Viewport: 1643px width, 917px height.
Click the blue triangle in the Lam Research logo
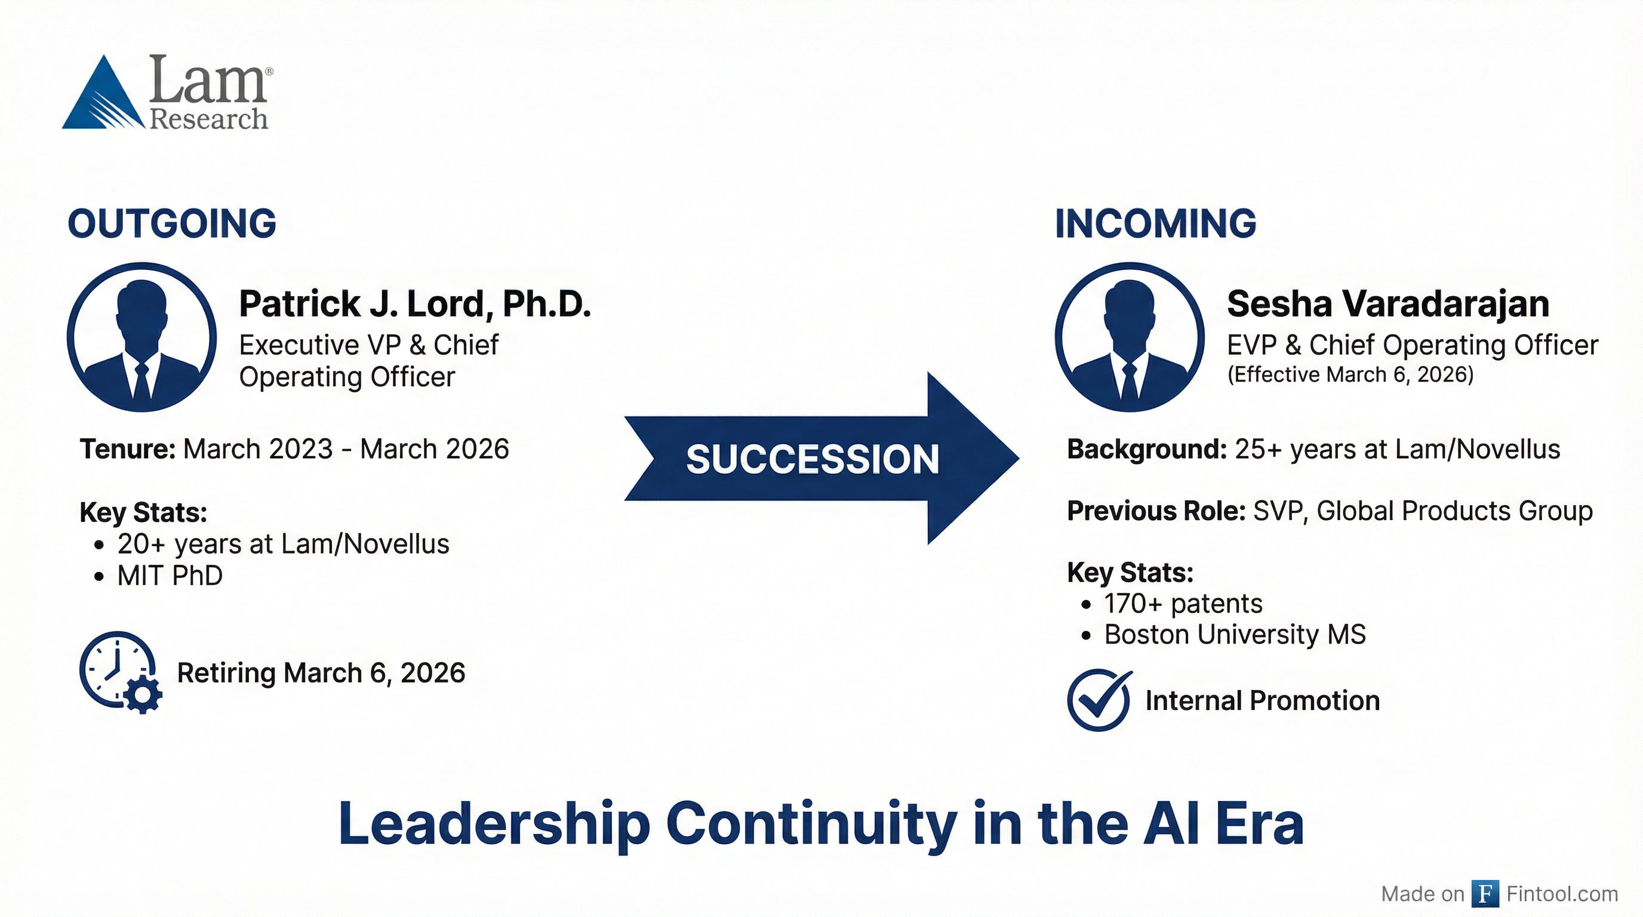click(102, 96)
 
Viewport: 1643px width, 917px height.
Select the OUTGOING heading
click(171, 224)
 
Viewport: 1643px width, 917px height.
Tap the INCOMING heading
click(1155, 224)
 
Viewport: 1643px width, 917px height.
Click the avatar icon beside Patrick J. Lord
click(141, 337)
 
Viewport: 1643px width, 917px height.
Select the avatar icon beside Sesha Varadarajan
click(1130, 337)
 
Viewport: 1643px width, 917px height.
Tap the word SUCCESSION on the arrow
click(812, 459)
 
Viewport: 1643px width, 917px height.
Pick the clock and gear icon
click(120, 672)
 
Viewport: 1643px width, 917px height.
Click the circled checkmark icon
click(1099, 700)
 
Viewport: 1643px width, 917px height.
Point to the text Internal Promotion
click(1262, 700)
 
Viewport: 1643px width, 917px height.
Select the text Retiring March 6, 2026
click(321, 673)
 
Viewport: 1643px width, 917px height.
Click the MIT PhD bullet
click(170, 576)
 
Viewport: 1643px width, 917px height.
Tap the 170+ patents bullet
click(1183, 603)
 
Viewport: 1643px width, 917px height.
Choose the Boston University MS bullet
click(1235, 635)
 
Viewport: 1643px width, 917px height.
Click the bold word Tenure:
click(128, 450)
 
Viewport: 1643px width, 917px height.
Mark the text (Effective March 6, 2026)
click(1350, 374)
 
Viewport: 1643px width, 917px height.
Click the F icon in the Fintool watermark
click(1485, 893)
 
